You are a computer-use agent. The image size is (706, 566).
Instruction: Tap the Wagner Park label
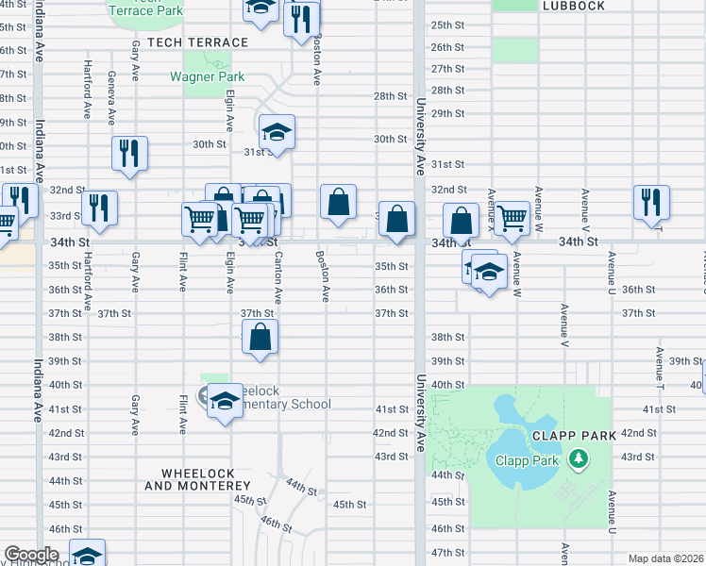coord(207,76)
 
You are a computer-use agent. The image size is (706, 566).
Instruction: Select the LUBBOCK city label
coord(573,6)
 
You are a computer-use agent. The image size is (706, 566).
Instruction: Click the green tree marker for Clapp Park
coord(578,460)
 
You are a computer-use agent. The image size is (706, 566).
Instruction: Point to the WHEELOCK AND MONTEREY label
coord(197,478)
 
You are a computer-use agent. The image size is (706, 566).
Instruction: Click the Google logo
coord(30,555)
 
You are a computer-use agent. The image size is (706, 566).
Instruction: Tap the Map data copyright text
coord(665,558)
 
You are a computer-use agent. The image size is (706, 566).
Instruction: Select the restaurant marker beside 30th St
coord(129,153)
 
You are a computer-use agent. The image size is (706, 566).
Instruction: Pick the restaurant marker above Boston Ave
coord(301,18)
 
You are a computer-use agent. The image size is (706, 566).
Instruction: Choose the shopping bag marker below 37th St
coord(261,337)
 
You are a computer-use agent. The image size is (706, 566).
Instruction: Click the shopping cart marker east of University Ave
coord(512,218)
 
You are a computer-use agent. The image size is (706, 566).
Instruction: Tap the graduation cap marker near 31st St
coord(277,132)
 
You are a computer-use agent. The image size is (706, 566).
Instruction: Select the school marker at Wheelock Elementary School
coord(225,401)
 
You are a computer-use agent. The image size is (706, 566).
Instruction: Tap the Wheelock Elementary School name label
coord(283,398)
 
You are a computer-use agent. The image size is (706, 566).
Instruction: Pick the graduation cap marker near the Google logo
coord(87,555)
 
